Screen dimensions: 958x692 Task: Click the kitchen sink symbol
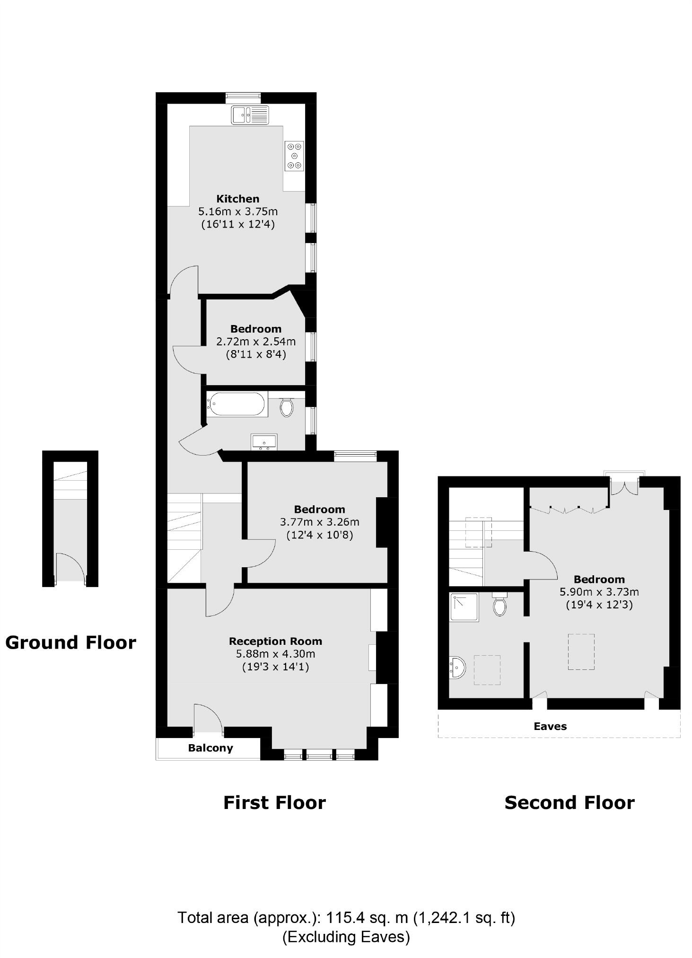click(x=250, y=115)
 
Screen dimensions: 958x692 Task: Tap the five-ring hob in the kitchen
click(x=294, y=156)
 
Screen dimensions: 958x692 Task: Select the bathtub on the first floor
click(x=237, y=404)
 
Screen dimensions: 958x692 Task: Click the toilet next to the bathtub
click(x=286, y=407)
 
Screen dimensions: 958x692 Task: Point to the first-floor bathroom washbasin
click(x=264, y=442)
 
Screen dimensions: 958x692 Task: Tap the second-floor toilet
click(x=499, y=605)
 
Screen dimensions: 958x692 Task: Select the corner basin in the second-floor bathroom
click(x=458, y=668)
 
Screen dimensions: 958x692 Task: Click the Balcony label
click(x=210, y=748)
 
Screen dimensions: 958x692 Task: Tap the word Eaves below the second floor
click(x=550, y=726)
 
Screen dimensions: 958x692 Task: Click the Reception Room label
click(x=275, y=641)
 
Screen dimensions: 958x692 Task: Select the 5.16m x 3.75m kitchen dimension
click(x=238, y=211)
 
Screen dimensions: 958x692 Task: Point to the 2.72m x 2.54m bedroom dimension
click(x=256, y=341)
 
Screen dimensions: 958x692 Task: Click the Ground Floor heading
click(x=70, y=642)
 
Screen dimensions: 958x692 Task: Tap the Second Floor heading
click(x=569, y=802)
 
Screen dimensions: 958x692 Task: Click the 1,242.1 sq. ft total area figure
click(x=464, y=918)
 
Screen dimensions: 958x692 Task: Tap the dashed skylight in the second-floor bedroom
click(x=581, y=651)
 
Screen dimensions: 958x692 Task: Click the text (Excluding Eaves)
click(x=346, y=937)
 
